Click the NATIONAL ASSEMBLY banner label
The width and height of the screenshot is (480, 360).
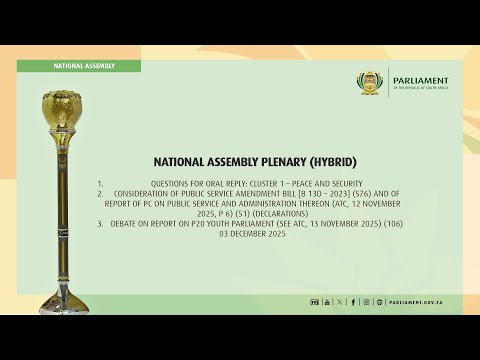tap(84, 66)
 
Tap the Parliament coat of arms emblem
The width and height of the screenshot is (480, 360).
tap(371, 83)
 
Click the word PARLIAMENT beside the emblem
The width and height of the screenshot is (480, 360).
tap(421, 81)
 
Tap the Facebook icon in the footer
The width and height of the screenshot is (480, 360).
tap(353, 301)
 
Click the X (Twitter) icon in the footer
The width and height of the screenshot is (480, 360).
tap(340, 301)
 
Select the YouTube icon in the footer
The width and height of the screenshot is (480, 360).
tap(326, 301)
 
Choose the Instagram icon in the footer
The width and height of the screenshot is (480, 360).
tap(366, 301)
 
